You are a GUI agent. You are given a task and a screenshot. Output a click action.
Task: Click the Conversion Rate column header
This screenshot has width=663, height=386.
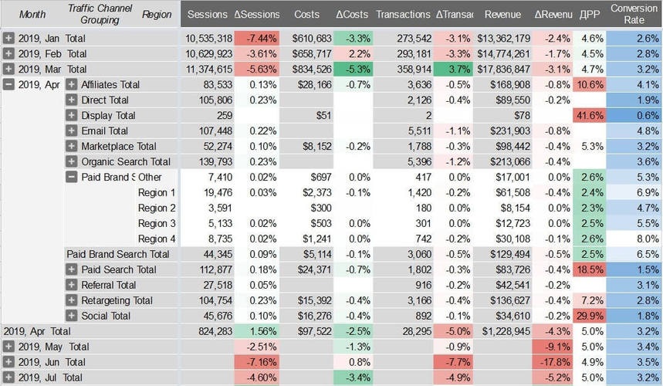click(x=634, y=14)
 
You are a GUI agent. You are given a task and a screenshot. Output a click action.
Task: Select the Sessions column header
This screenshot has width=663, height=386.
click(x=208, y=15)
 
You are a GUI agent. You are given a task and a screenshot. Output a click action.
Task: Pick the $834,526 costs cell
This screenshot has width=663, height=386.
click(x=313, y=69)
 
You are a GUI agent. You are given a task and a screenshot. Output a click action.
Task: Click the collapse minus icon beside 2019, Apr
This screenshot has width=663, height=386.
click(x=8, y=84)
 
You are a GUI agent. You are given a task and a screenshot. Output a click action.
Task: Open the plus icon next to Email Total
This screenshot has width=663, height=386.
click(x=72, y=130)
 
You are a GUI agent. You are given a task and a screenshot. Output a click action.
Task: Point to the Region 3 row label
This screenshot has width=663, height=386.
click(x=157, y=223)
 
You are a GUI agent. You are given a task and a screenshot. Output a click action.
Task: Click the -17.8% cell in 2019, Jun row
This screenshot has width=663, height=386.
click(x=553, y=362)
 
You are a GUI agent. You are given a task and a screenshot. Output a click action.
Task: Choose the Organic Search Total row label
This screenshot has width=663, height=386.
click(x=126, y=161)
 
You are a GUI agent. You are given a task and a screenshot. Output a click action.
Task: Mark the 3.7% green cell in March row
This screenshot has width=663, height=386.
click(x=455, y=69)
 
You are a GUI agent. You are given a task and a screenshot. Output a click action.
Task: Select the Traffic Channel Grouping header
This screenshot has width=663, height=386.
click(x=100, y=14)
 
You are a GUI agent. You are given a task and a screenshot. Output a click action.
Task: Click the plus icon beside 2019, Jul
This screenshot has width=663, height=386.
click(x=8, y=378)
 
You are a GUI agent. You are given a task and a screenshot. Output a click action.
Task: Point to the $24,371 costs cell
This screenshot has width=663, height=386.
click(x=313, y=269)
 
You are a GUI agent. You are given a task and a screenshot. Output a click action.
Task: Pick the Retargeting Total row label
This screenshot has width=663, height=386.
click(x=117, y=300)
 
